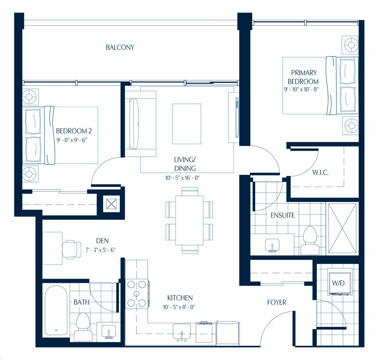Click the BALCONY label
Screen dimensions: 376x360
pyautogui.click(x=120, y=47)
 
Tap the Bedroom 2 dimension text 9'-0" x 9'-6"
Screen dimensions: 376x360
pyautogui.click(x=72, y=140)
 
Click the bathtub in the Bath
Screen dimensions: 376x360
pyautogui.click(x=56, y=310)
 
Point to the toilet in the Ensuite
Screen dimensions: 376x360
pyautogui.click(x=310, y=241)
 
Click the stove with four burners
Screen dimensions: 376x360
pyautogui.click(x=137, y=294)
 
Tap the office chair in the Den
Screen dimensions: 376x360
pyautogui.click(x=72, y=249)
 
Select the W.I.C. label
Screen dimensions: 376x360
pyautogui.click(x=320, y=172)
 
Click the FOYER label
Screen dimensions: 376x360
pyautogui.click(x=277, y=302)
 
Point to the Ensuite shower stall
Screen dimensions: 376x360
pyautogui.click(x=342, y=228)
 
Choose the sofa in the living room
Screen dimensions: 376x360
pyautogui.click(x=141, y=124)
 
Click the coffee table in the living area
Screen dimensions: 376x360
pyautogui.click(x=187, y=124)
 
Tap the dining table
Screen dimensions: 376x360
pyautogui.click(x=189, y=220)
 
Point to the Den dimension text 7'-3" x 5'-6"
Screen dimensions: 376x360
pyautogui.click(x=101, y=250)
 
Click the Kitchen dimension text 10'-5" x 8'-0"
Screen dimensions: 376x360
pyautogui.click(x=179, y=307)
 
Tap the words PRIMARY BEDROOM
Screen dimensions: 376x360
pyautogui.click(x=303, y=77)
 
